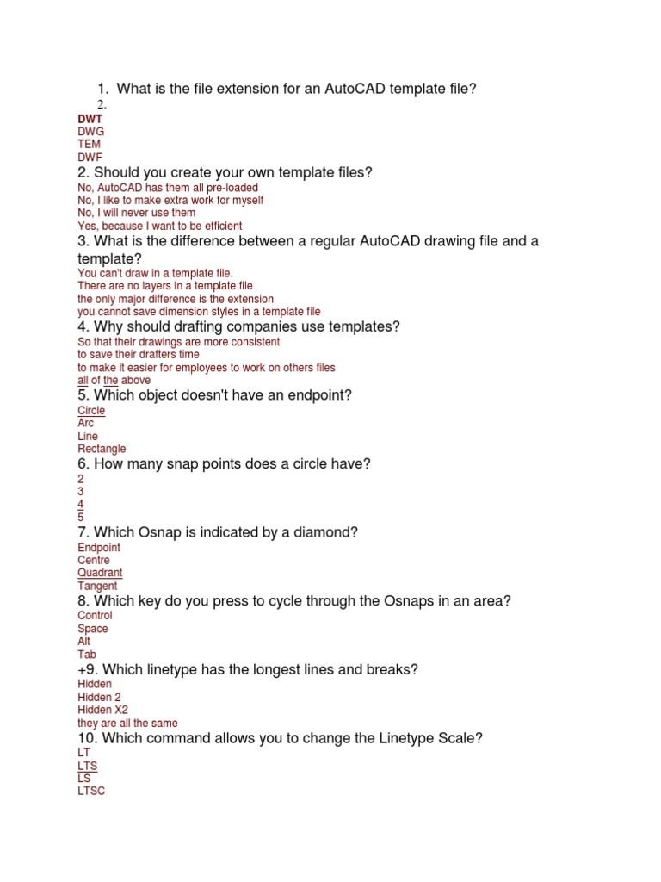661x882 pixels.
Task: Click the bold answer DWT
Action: [x=90, y=119]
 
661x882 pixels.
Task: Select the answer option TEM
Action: [x=89, y=144]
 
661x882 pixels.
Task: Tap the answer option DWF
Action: [x=90, y=158]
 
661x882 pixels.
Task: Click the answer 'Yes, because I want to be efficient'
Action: [x=159, y=226]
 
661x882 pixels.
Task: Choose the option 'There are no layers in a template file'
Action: [x=164, y=285]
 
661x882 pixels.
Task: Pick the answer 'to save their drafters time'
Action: [x=138, y=354]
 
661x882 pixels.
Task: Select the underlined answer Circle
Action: [x=91, y=411]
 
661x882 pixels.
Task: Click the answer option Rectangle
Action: [x=102, y=449]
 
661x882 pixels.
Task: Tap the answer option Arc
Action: [x=86, y=423]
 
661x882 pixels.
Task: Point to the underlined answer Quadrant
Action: [x=100, y=573]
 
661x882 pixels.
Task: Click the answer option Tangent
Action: [x=97, y=586]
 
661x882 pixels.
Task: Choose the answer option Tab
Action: [x=85, y=654]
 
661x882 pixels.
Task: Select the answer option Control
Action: [x=95, y=616]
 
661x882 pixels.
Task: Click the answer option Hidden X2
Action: [x=102, y=710]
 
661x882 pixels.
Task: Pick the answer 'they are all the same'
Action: [x=127, y=723]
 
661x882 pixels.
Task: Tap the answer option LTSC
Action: [x=91, y=791]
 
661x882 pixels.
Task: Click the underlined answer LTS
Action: [x=88, y=766]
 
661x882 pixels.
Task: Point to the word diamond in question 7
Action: [x=331, y=532]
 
